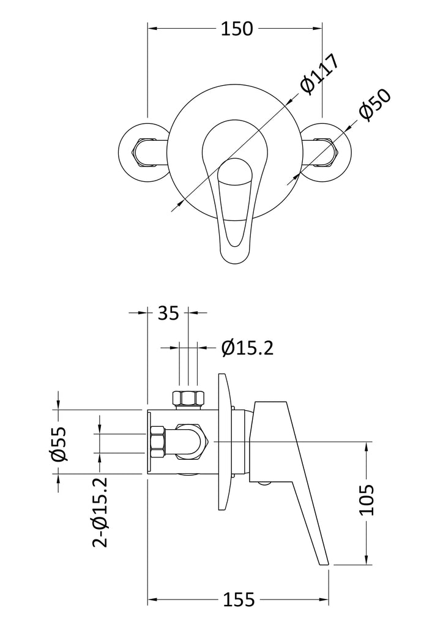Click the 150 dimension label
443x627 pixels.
(x=237, y=28)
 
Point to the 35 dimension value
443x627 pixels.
(x=168, y=313)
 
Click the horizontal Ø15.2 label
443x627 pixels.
(x=248, y=348)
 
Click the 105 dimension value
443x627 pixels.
(x=367, y=500)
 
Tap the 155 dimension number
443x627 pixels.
(x=239, y=599)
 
